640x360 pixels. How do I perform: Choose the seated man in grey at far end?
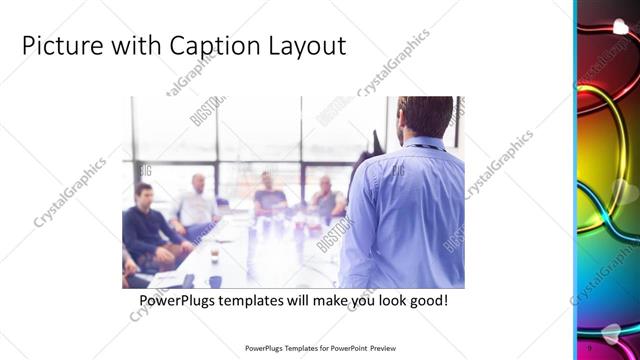tap(326, 197)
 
